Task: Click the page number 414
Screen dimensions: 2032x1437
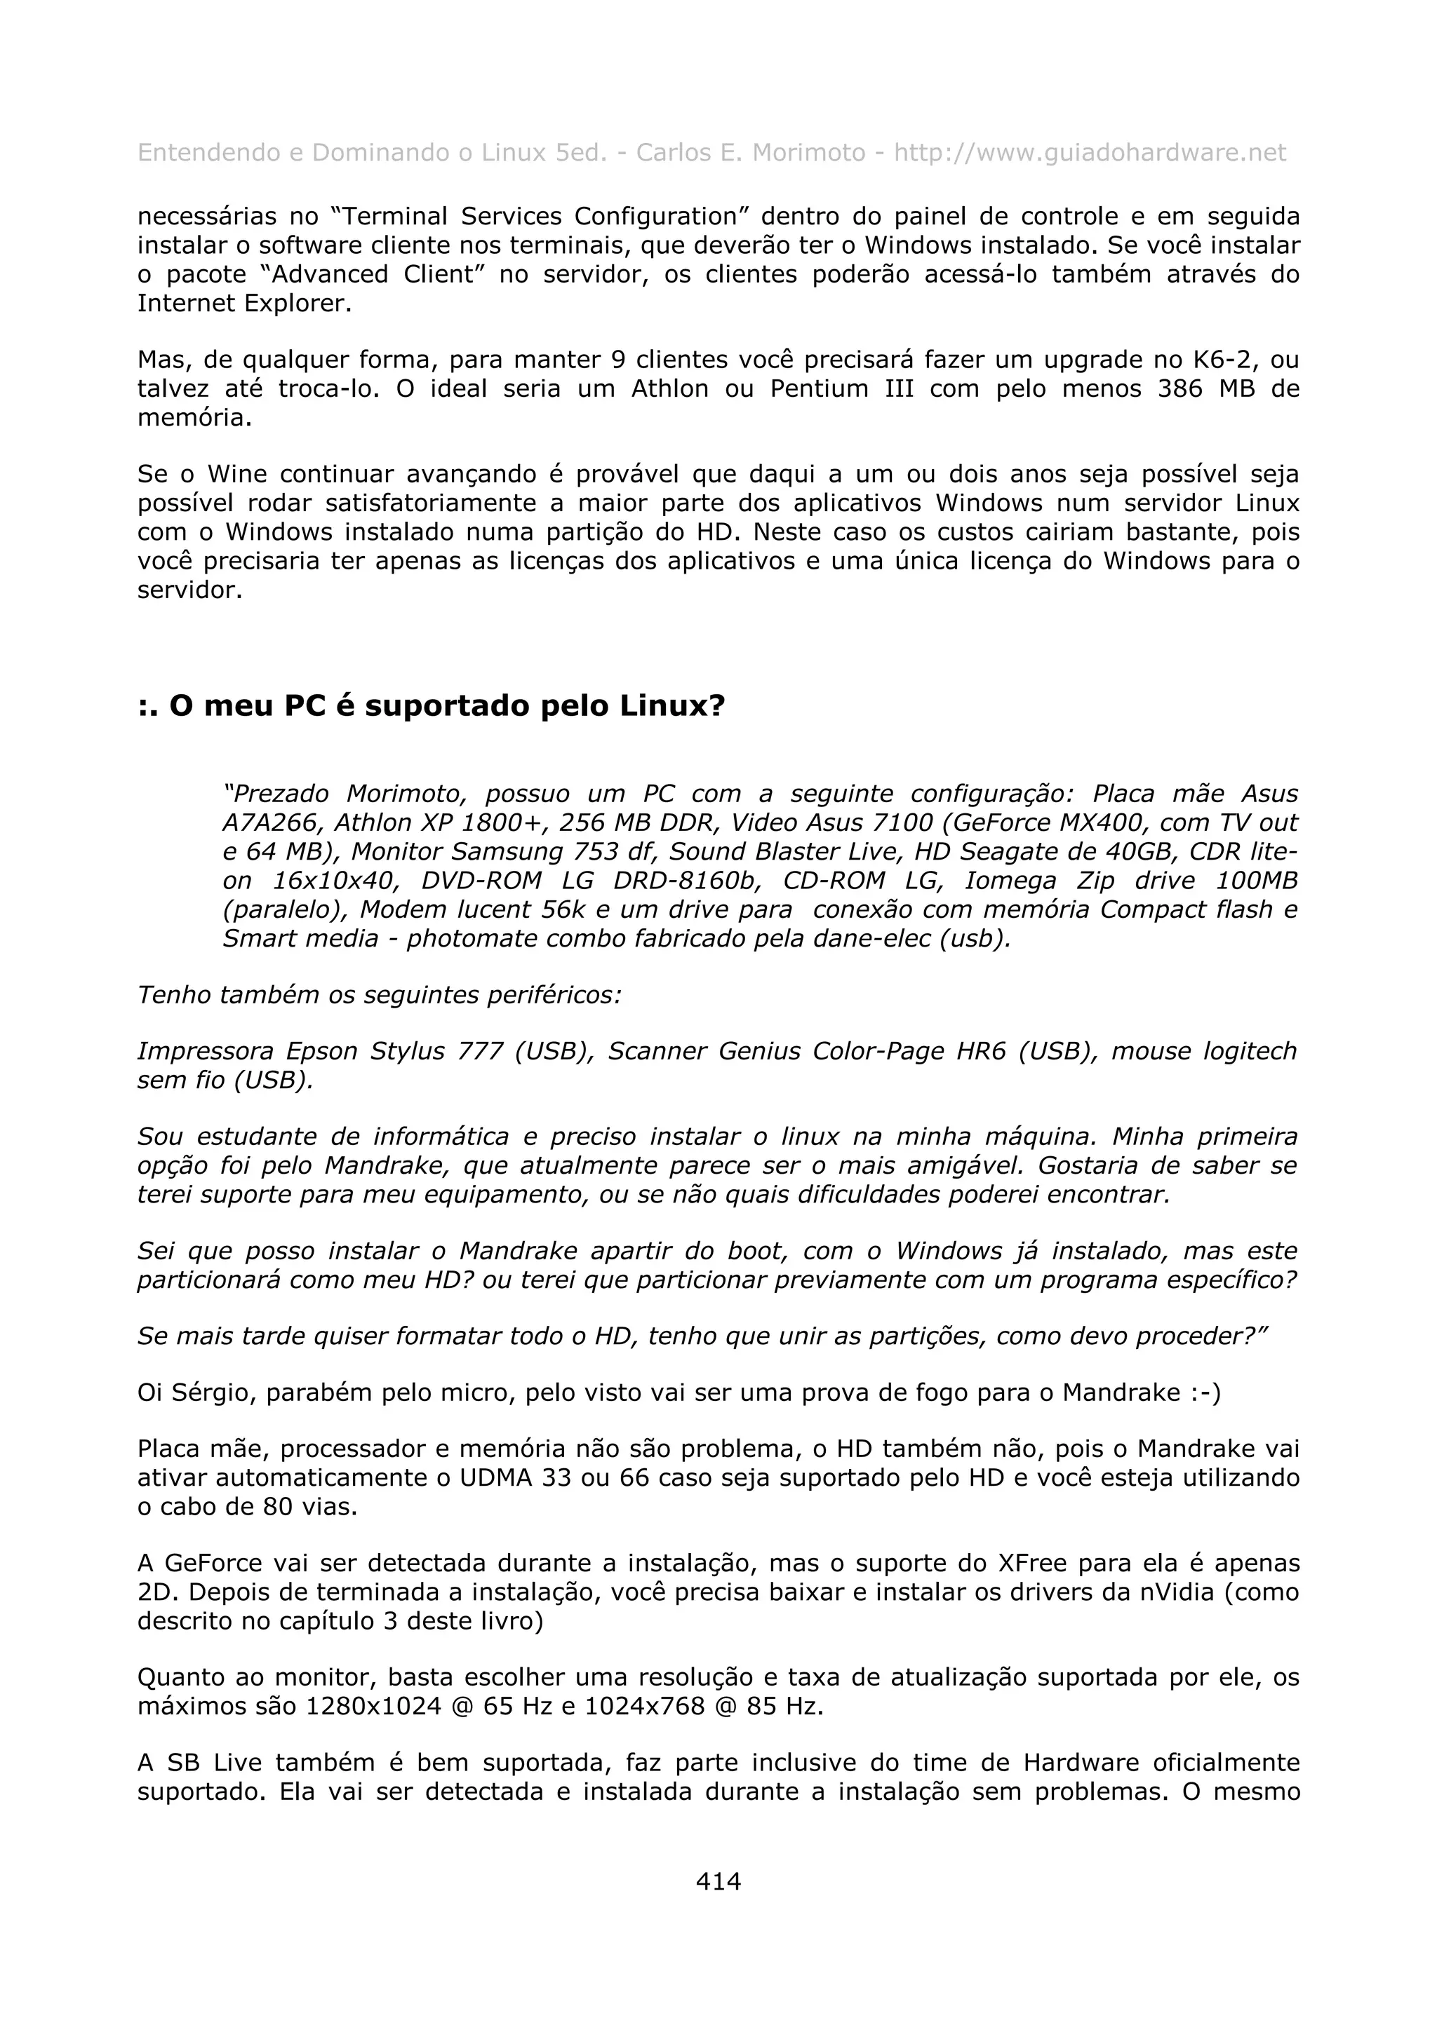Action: pos(718,1881)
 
